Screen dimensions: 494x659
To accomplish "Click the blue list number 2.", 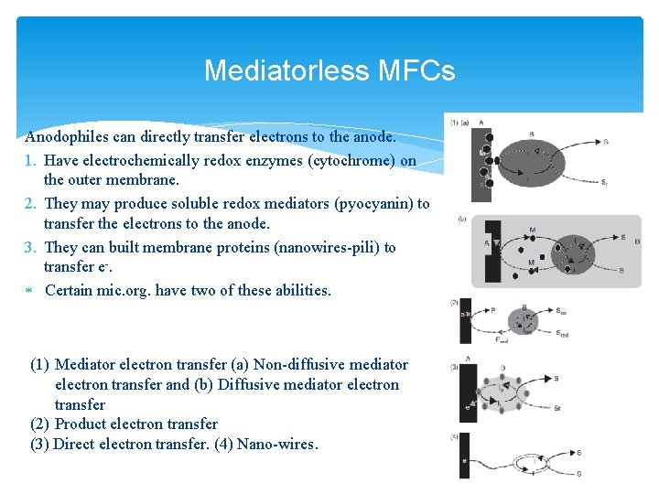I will [31, 203].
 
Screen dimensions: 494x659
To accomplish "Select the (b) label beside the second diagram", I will [461, 220].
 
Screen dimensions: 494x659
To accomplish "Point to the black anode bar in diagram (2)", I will [466, 320].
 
